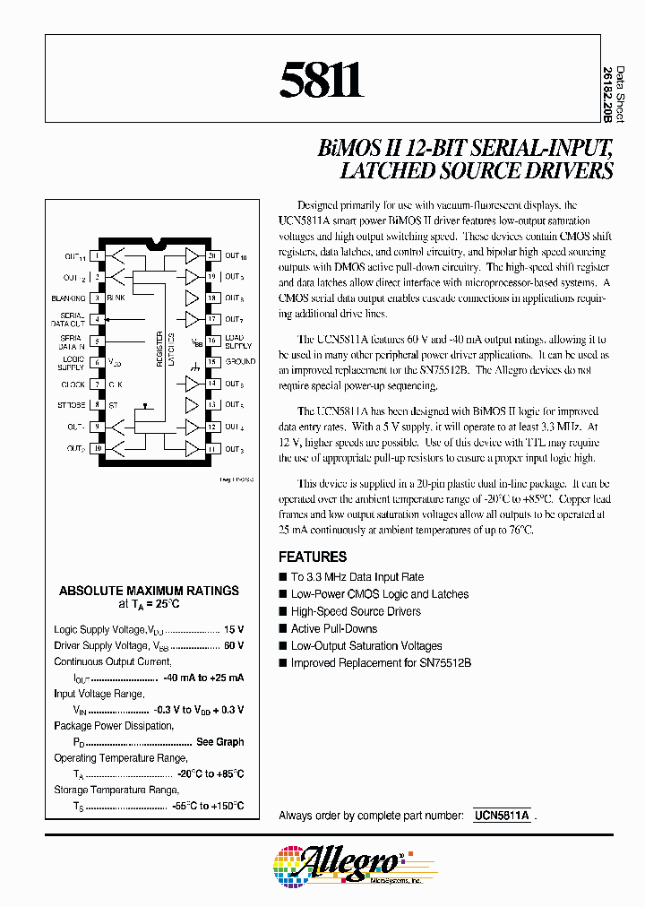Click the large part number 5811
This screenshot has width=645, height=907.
(x=322, y=82)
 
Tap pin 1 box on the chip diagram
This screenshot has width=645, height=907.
(x=96, y=255)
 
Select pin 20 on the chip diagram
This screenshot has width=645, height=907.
(x=212, y=255)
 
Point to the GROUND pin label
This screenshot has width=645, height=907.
(x=240, y=362)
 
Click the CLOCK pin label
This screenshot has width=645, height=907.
(x=73, y=384)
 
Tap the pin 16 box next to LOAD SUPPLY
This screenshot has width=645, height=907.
(x=212, y=341)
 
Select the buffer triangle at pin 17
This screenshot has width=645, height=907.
(x=191, y=319)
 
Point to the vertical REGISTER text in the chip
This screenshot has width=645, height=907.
(x=159, y=345)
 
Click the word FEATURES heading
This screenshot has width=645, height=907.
(x=313, y=557)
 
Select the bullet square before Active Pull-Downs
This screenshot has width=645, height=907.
(x=283, y=629)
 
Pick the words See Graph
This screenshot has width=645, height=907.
(x=219, y=742)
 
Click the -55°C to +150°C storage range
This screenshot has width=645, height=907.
(x=208, y=806)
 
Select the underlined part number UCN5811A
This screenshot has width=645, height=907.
(x=501, y=816)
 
